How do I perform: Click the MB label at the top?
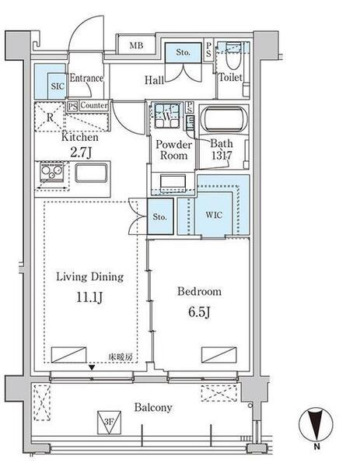[x=136, y=46]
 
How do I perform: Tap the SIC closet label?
[x=58, y=86]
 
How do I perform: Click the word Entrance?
[x=86, y=78]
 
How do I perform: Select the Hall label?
[x=154, y=80]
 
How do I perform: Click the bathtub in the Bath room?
[x=225, y=119]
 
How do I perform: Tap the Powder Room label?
[x=173, y=149]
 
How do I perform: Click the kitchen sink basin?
[x=91, y=173]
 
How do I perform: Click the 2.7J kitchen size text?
[x=81, y=153]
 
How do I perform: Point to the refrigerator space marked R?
[x=50, y=117]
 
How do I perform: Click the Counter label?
[x=94, y=105]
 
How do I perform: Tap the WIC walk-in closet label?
[x=214, y=215]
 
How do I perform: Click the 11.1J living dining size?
[x=89, y=297]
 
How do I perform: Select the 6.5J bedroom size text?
[x=199, y=312]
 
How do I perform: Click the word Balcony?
[x=153, y=407]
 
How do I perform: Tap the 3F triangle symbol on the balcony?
[x=109, y=422]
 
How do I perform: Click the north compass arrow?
[x=316, y=425]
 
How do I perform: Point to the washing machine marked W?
[x=167, y=115]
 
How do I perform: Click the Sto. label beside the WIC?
[x=159, y=216]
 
